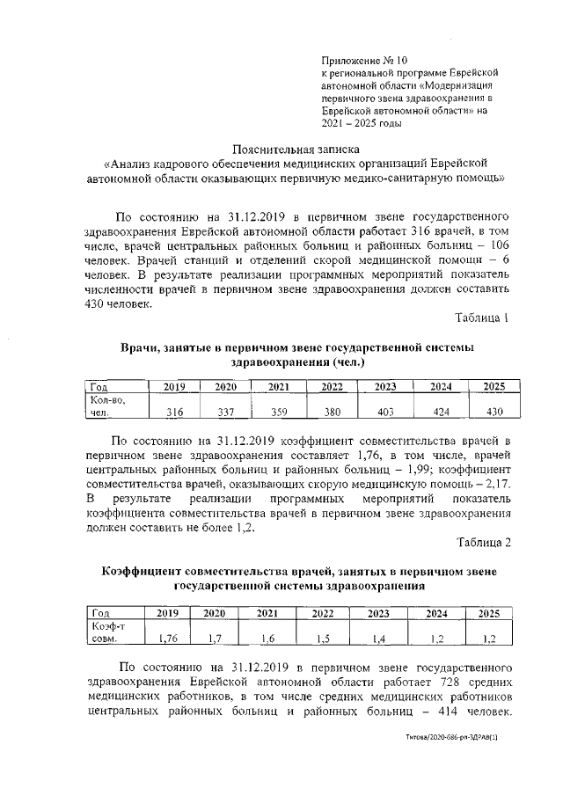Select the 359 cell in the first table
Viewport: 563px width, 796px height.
[279, 412]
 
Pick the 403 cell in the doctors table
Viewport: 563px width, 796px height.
[384, 412]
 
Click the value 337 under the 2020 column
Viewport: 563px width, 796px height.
[226, 412]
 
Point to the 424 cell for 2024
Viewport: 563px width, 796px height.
[440, 412]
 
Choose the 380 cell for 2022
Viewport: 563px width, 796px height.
[332, 412]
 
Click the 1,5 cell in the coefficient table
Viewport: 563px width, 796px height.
[324, 637]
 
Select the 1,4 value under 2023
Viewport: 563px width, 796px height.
[378, 637]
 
